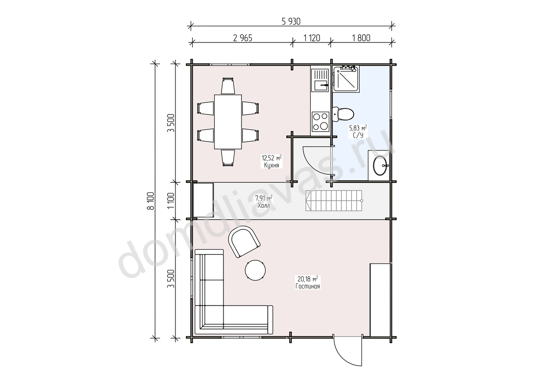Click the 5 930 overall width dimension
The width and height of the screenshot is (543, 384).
click(291, 22)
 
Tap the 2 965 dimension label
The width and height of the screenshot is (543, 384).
click(242, 38)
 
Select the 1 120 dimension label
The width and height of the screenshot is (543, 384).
click(312, 38)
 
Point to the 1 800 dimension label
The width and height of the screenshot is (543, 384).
click(361, 38)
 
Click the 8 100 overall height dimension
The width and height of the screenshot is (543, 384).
click(151, 201)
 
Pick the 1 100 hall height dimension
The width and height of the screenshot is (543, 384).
click(171, 201)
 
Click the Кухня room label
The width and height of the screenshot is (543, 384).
click(271, 166)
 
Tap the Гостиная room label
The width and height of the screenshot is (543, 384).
click(308, 286)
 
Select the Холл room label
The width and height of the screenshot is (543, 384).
click(264, 206)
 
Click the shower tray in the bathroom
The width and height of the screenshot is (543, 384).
click(345, 78)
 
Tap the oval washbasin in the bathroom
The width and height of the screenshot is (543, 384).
click(380, 166)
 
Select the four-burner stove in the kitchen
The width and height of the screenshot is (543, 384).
click(320, 121)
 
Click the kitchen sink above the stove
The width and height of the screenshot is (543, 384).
click(320, 80)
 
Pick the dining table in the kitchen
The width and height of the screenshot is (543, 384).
click(228, 121)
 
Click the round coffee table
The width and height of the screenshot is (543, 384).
click(256, 270)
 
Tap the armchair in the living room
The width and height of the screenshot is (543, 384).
click(244, 241)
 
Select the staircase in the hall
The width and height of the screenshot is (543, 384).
click(334, 200)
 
